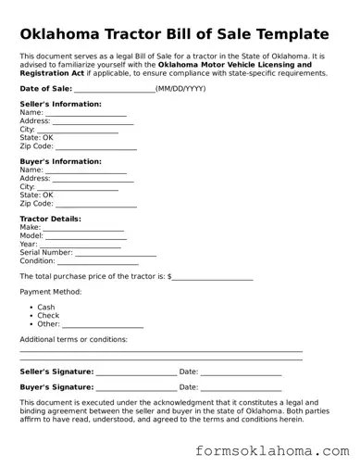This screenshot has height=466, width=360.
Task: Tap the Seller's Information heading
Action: pyautogui.click(x=60, y=104)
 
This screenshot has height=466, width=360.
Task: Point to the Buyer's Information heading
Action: pyautogui.click(x=60, y=161)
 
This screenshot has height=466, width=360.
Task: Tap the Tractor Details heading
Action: pyautogui.click(x=51, y=219)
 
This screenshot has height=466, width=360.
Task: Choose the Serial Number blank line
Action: pyautogui.click(x=116, y=253)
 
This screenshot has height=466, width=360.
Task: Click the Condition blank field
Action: pyautogui.click(x=96, y=261)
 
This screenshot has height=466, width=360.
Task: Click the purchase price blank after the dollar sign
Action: pyautogui.click(x=212, y=277)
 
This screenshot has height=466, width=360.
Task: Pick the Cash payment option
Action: pyautogui.click(x=46, y=308)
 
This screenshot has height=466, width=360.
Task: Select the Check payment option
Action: pyautogui.click(x=48, y=316)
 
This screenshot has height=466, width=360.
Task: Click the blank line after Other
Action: pyautogui.click(x=103, y=325)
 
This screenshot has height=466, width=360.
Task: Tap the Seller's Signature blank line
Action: pyautogui.click(x=135, y=372)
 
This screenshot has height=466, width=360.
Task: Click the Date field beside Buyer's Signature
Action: pyautogui.click(x=241, y=387)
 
